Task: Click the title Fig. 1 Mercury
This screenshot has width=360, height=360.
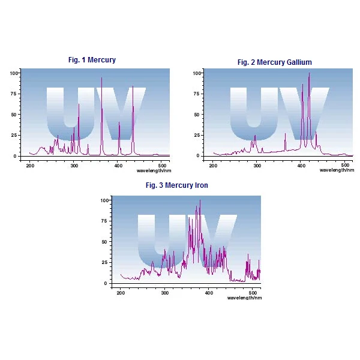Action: point(92,60)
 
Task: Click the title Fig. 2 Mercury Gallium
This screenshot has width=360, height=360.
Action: point(274,62)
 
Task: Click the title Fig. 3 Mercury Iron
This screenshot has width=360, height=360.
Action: point(177,185)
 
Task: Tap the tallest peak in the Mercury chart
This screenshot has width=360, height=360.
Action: point(101,78)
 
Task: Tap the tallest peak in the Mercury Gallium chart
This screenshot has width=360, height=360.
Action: point(309,74)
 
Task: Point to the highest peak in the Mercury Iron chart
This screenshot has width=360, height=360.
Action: point(200,201)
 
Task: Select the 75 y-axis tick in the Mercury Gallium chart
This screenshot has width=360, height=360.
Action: point(197,94)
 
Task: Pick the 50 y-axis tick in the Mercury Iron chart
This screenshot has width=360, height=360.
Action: point(105,242)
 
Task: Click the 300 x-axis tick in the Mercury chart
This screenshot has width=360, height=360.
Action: point(74,164)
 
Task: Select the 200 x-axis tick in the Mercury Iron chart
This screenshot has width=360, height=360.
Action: point(121,292)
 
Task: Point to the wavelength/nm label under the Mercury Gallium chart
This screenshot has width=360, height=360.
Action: point(336,170)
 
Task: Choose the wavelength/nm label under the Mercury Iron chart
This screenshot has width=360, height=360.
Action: point(244,298)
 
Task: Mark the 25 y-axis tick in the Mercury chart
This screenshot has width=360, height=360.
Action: point(15,135)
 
